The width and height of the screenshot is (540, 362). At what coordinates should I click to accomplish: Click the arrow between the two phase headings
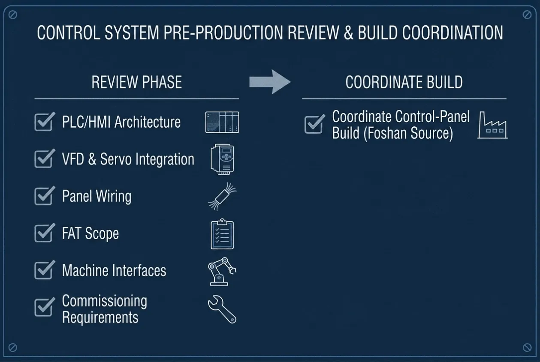270,82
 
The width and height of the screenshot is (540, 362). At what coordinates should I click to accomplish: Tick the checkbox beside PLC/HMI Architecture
44,123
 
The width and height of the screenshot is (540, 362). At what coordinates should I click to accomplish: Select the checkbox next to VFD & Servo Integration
44,159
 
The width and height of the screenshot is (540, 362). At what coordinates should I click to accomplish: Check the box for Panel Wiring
44,196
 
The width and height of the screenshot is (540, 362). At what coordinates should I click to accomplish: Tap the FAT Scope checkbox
44,233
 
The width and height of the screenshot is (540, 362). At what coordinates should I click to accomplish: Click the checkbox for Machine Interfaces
44,270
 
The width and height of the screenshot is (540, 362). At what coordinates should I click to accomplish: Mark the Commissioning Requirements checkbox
44,308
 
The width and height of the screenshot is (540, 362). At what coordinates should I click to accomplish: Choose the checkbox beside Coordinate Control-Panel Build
314,125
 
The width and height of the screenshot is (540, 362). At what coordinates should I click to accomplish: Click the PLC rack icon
222,122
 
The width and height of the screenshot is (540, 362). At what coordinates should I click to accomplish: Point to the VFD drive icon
222,159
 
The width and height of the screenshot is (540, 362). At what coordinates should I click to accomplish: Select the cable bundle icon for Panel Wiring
222,197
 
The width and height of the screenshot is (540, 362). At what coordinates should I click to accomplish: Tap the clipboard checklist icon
222,234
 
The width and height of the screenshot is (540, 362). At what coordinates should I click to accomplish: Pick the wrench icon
222,309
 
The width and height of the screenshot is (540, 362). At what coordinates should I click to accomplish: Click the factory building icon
492,125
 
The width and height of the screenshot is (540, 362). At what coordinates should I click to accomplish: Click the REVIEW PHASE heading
137,82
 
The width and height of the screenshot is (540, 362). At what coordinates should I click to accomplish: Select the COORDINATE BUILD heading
404,82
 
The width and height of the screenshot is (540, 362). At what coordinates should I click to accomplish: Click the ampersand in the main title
349,33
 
